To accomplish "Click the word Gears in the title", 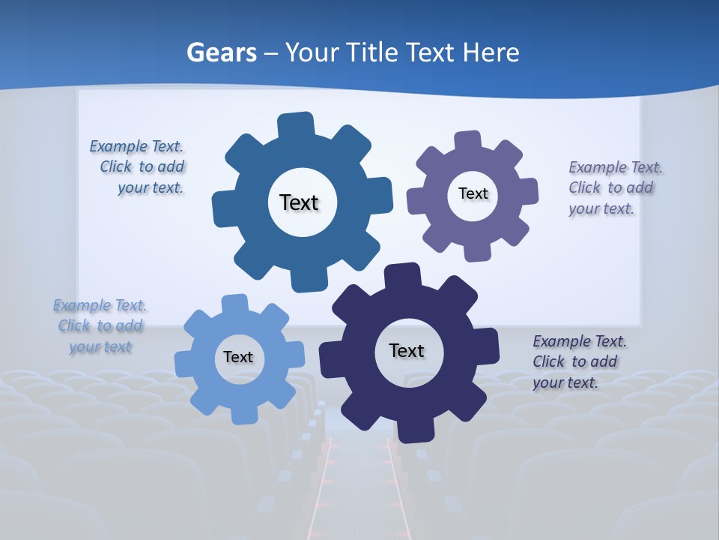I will (x=221, y=52).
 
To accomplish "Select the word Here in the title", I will (x=491, y=52).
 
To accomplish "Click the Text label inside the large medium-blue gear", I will (x=299, y=202).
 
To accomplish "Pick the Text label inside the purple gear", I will (x=473, y=193).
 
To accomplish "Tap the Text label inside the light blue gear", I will (x=238, y=357).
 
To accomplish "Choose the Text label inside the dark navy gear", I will (x=407, y=350).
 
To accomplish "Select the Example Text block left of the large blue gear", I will (x=137, y=167).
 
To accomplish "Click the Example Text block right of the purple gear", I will (x=615, y=187).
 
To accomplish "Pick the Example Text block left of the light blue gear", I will (x=100, y=325).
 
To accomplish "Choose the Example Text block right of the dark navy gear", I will (x=579, y=361).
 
